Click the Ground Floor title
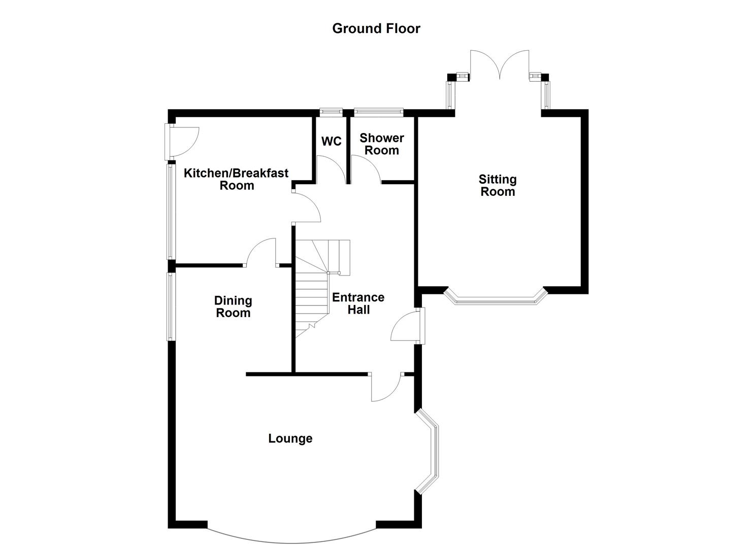376,28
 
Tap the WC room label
332,141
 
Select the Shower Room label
382,144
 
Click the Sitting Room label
498,185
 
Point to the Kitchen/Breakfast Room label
236,179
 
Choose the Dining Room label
233,306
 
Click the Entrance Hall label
358,303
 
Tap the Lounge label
290,438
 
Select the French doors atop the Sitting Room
500,64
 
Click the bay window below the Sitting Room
495,299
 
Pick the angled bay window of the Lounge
430,452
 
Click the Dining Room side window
171,306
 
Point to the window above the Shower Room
378,111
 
